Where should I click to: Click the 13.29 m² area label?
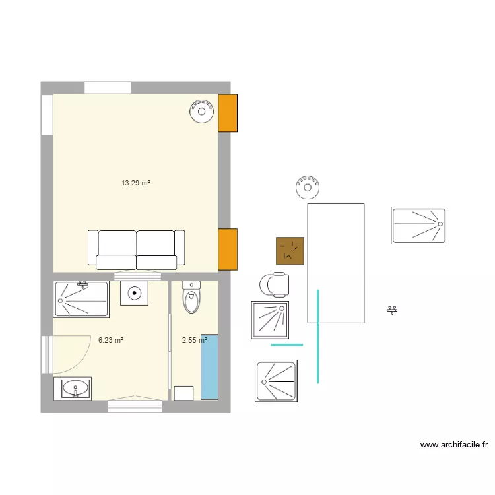coord(136,183)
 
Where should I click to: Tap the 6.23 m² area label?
coord(111,341)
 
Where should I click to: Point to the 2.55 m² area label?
coord(194,341)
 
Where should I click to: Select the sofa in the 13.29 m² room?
coord(137,249)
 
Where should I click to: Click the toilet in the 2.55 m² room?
coord(191,298)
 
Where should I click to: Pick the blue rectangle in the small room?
coord(209,366)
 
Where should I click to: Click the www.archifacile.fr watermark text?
coord(453,445)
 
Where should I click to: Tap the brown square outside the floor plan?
coord(290,251)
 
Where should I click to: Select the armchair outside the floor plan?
coord(275,284)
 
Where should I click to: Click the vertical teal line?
coord(318,336)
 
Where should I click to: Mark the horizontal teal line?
coord(287,345)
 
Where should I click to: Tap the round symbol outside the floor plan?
coord(308,187)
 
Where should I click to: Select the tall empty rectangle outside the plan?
coord(335,263)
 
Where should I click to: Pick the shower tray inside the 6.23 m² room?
coord(81,299)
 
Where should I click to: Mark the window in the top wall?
coord(108,88)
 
